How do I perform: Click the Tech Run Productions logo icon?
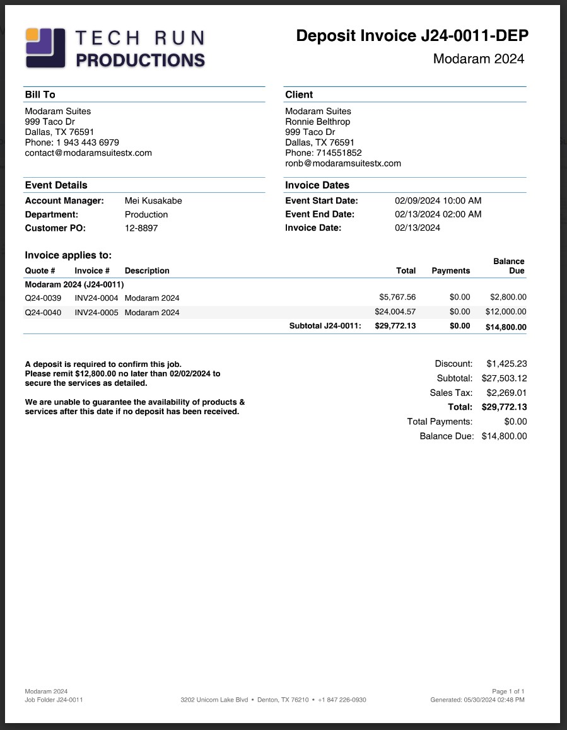point(45,47)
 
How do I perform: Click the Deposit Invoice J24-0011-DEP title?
point(412,36)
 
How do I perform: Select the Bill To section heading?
point(40,95)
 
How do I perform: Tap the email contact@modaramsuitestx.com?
point(88,153)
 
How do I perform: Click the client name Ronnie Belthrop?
point(317,122)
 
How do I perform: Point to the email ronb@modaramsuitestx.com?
point(343,163)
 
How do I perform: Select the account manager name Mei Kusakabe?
point(153,200)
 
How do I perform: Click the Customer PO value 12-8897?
point(141,228)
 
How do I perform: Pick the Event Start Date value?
point(438,200)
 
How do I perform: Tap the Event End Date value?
point(438,214)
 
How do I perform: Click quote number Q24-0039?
point(43,298)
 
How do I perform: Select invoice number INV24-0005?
point(96,312)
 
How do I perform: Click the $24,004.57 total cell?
point(395,311)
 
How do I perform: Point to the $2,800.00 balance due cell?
point(508,297)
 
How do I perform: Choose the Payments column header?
point(450,270)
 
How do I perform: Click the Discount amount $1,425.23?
point(506,364)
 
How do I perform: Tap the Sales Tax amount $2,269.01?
point(506,393)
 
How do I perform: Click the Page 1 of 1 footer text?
point(508,692)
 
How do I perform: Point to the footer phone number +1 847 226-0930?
point(342,700)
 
